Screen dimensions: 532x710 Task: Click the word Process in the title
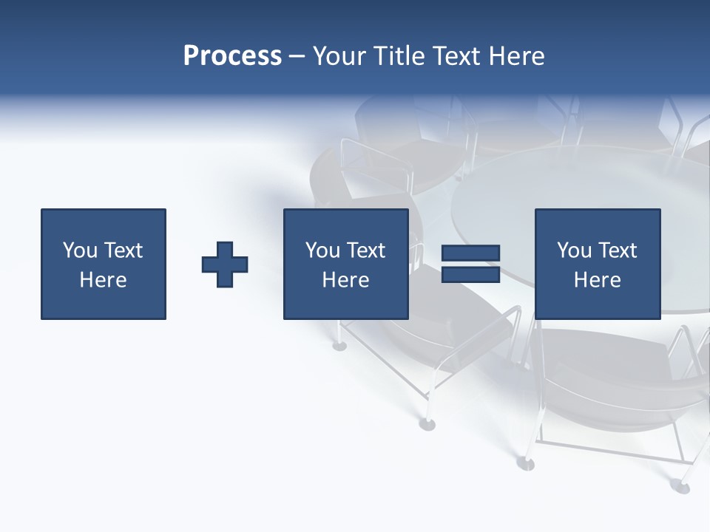232,56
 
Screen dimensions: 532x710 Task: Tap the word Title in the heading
399,56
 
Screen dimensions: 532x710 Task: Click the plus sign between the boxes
225,265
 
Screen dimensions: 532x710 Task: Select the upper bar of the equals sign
470,253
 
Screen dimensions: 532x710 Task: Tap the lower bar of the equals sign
470,274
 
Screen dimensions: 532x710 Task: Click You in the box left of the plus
80,250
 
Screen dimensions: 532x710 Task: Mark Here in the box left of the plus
103,280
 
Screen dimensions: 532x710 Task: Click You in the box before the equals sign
322,250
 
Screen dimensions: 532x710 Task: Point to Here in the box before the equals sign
345,280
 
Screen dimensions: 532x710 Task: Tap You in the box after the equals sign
574,250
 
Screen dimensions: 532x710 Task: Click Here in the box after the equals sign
597,280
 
